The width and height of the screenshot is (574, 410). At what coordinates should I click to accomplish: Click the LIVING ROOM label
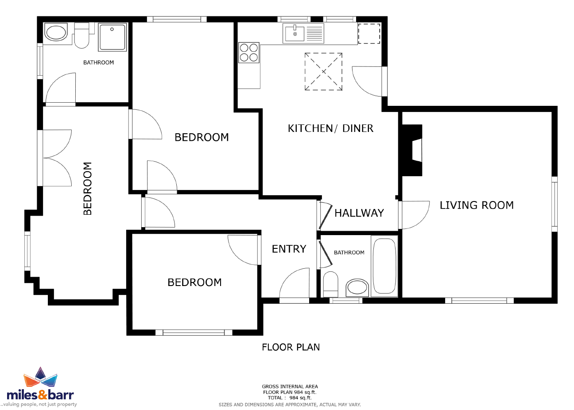477,205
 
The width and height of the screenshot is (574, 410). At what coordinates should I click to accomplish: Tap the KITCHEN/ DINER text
330,128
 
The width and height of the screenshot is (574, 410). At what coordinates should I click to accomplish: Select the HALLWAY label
359,213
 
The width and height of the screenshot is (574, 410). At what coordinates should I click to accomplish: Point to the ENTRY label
289,249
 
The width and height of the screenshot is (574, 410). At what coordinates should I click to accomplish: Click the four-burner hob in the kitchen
249,53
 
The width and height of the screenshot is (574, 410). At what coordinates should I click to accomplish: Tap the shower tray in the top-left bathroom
112,37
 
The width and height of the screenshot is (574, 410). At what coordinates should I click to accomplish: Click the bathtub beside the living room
384,266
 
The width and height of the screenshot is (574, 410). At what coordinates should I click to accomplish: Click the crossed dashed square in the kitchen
323,72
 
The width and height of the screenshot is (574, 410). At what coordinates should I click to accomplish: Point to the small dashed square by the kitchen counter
369,34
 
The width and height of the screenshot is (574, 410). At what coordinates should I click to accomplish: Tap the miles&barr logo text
40,395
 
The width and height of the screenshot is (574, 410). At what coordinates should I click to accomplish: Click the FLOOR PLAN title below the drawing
291,347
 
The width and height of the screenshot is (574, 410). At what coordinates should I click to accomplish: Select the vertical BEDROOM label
88,189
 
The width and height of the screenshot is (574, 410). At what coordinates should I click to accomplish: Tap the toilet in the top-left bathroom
81,35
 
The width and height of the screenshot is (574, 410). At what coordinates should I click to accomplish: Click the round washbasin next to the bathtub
357,287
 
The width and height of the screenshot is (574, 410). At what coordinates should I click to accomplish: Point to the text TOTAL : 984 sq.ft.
290,398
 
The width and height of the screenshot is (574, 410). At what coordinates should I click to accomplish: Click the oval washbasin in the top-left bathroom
56,32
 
